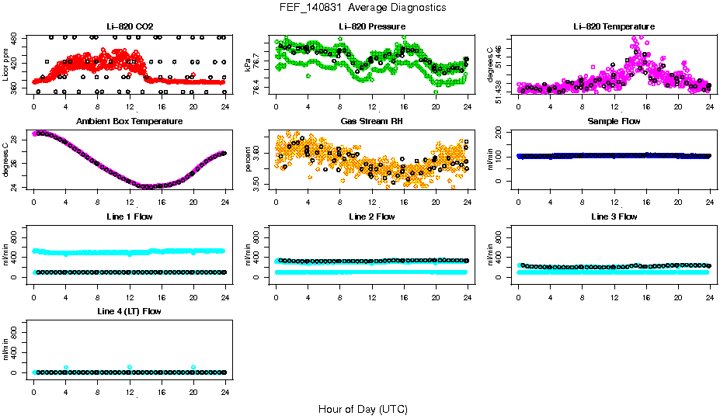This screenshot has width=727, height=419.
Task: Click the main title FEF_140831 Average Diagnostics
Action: click(x=363, y=7)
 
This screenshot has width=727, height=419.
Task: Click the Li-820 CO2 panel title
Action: click(x=129, y=26)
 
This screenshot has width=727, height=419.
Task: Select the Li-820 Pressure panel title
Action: click(x=372, y=26)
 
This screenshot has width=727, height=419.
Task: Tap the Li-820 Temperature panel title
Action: click(x=614, y=26)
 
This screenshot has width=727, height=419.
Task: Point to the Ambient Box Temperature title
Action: click(x=129, y=122)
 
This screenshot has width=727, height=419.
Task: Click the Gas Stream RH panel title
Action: click(x=372, y=122)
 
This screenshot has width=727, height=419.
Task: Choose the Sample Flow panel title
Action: click(x=614, y=122)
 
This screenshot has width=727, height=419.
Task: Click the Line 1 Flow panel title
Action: click(x=129, y=216)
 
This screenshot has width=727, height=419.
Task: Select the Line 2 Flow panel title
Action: click(x=372, y=216)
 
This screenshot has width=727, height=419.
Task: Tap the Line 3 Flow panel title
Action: click(x=614, y=216)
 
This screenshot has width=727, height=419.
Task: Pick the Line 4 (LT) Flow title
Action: click(x=129, y=311)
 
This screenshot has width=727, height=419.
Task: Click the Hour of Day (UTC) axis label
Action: click(x=363, y=409)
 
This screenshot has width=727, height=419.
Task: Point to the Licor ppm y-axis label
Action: click(x=6, y=64)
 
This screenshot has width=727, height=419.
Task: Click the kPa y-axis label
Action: click(x=249, y=64)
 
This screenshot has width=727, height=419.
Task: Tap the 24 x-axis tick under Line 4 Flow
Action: click(x=225, y=385)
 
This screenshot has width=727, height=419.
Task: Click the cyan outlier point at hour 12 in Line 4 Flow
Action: click(x=130, y=367)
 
